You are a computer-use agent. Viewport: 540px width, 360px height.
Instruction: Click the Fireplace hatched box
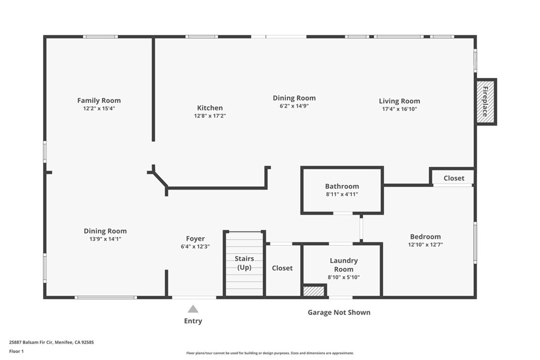coord(486,102)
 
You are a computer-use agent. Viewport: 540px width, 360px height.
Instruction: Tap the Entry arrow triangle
coord(193,309)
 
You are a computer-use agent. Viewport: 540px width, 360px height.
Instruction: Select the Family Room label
coord(99,101)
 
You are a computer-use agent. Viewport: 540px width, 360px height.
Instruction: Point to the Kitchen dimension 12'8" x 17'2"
coord(210,116)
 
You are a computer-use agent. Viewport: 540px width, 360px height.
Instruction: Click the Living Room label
coord(400,101)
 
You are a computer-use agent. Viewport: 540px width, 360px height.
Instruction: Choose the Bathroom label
coord(342,186)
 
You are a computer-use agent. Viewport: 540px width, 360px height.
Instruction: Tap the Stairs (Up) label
coord(244,263)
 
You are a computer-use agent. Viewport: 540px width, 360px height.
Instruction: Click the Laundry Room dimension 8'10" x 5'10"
coord(344,277)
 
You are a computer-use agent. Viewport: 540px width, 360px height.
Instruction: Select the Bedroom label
coord(426,237)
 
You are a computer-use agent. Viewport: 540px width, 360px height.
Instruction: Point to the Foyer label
coord(195,239)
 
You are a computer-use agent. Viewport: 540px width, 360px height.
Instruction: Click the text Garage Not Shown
coord(339,313)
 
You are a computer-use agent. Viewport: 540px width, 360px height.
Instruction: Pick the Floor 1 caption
coord(16,352)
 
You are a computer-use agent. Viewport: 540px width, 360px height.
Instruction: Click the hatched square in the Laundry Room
coord(314,290)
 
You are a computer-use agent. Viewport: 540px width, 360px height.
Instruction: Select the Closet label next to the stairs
coord(282,268)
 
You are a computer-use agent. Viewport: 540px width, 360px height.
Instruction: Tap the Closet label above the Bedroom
coord(454,178)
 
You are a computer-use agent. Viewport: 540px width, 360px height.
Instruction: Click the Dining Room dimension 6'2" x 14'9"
coord(294,106)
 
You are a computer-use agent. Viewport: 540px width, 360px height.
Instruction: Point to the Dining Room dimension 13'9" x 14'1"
coord(105,239)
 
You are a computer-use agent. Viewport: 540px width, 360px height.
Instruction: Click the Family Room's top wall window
coord(100,36)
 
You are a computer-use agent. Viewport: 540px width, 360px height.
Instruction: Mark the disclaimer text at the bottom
coord(270,353)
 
